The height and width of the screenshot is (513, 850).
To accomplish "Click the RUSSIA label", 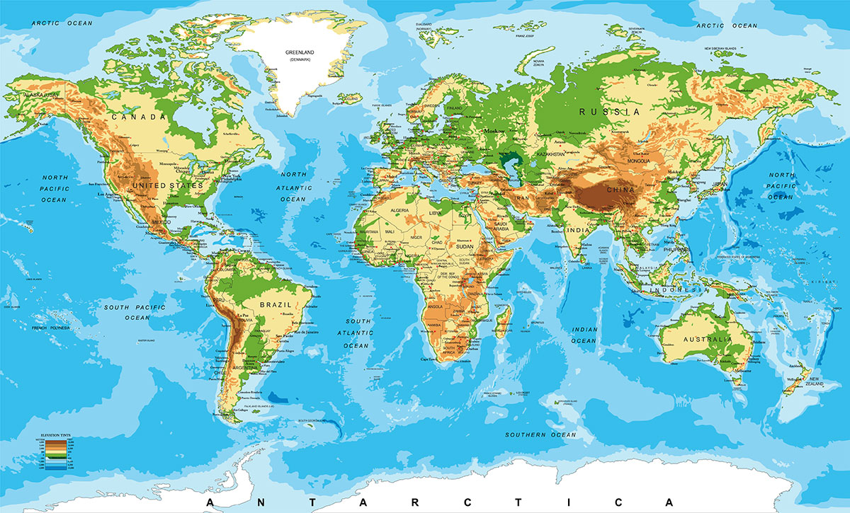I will click(608, 112).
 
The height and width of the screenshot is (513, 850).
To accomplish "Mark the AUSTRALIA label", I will click(705, 340).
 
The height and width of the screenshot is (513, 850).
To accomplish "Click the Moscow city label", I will click(495, 132).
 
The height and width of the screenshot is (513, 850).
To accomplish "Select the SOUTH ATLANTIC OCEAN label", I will click(354, 333).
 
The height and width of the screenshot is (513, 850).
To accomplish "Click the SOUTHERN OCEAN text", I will click(540, 434).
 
